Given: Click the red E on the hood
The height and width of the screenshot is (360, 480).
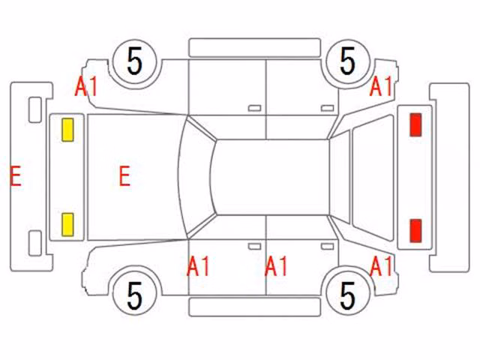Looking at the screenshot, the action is coord(124,175).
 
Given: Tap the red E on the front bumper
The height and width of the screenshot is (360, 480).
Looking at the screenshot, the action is coord(15,175).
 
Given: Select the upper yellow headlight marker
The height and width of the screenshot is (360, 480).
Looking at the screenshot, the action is coord(67,130).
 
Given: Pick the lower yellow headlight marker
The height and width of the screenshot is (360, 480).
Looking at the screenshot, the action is coord(67,225).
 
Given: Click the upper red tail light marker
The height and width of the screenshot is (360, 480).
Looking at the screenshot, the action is coord(415,124).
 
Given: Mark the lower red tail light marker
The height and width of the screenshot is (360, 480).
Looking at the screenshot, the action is coord(415,230).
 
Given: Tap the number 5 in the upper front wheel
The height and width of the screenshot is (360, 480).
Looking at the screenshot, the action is coord(135,61).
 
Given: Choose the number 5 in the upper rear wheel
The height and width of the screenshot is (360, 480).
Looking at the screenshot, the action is coord(347,61).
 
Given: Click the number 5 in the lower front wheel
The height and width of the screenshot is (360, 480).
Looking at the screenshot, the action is coord(135,295).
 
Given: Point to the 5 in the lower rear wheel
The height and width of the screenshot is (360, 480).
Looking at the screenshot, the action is coord(347,295).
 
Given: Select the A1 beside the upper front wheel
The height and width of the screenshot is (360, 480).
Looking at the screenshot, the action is coord(86,86).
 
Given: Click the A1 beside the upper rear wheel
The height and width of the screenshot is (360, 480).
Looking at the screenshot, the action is coord(381,86).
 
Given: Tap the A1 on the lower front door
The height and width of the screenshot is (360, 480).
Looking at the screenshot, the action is coord(198,266).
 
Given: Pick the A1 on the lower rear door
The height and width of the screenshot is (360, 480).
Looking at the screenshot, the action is coord(276,266).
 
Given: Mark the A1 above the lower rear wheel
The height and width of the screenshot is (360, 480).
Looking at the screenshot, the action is coord(381,266).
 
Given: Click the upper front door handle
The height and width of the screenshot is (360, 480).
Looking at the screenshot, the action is coord(254,108).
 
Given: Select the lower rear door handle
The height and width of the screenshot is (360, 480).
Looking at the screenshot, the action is coord(327,247).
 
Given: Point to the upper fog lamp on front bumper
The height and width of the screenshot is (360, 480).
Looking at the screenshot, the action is coord(35,110).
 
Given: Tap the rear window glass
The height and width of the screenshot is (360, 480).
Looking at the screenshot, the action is coord(373,178).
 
